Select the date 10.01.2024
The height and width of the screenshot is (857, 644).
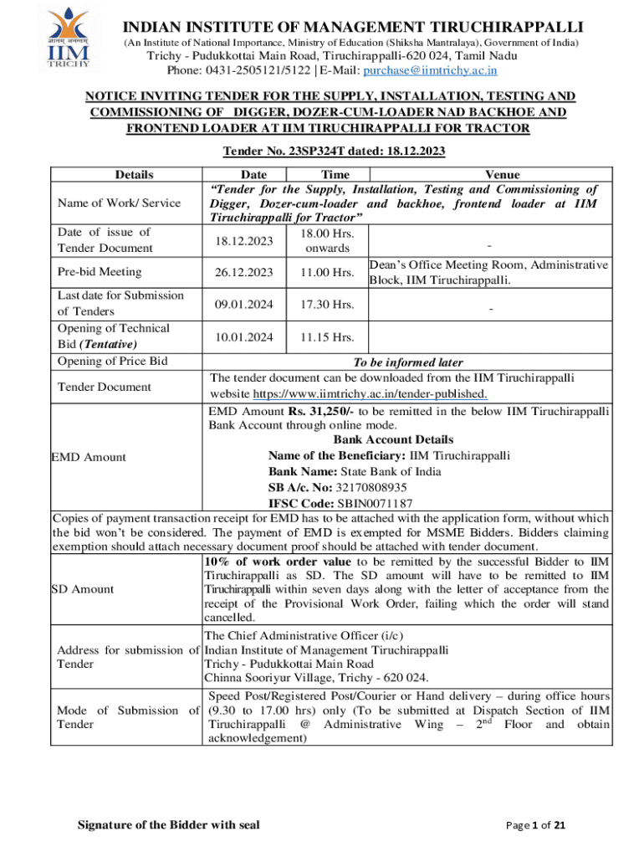[242, 337]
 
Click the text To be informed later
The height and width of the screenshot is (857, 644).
[408, 362]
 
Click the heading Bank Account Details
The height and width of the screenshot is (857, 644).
[393, 439]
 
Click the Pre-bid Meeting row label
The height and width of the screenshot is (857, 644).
[99, 272]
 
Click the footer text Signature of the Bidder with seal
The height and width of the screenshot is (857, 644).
[168, 825]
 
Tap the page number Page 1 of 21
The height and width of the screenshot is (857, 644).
[537, 826]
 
